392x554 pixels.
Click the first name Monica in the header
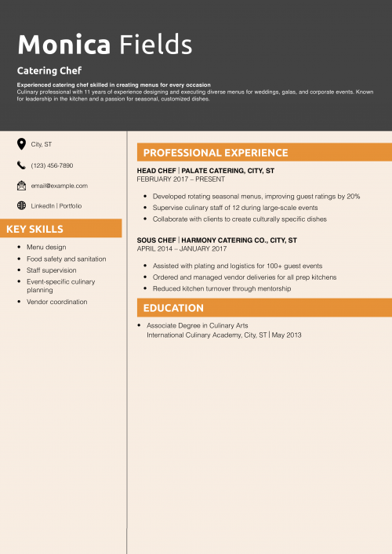coord(64,45)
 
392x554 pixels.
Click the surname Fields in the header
coord(155,45)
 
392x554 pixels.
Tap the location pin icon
coord(21,144)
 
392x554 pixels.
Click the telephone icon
coord(21,165)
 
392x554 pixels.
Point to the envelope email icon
coord(21,186)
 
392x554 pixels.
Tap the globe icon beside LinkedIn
coord(21,205)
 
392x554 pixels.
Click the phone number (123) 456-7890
coord(52,165)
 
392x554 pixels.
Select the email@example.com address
coord(59,186)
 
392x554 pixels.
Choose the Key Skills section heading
coord(35,229)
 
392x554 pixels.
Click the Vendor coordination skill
coord(56,302)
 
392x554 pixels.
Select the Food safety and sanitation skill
coord(66,259)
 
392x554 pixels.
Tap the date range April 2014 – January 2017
coord(181,248)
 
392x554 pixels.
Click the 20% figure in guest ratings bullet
coord(353,196)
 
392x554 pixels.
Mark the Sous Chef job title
coord(156,240)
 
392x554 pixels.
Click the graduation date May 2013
coord(287,335)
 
